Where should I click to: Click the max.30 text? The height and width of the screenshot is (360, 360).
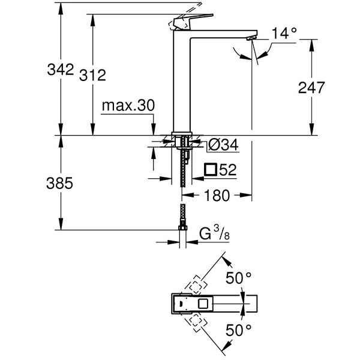click(x=127, y=106)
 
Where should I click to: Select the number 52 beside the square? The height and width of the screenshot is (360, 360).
click(x=227, y=170)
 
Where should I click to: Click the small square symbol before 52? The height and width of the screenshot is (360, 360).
click(x=211, y=170)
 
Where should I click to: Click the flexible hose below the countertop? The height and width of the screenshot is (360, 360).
click(x=182, y=174)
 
